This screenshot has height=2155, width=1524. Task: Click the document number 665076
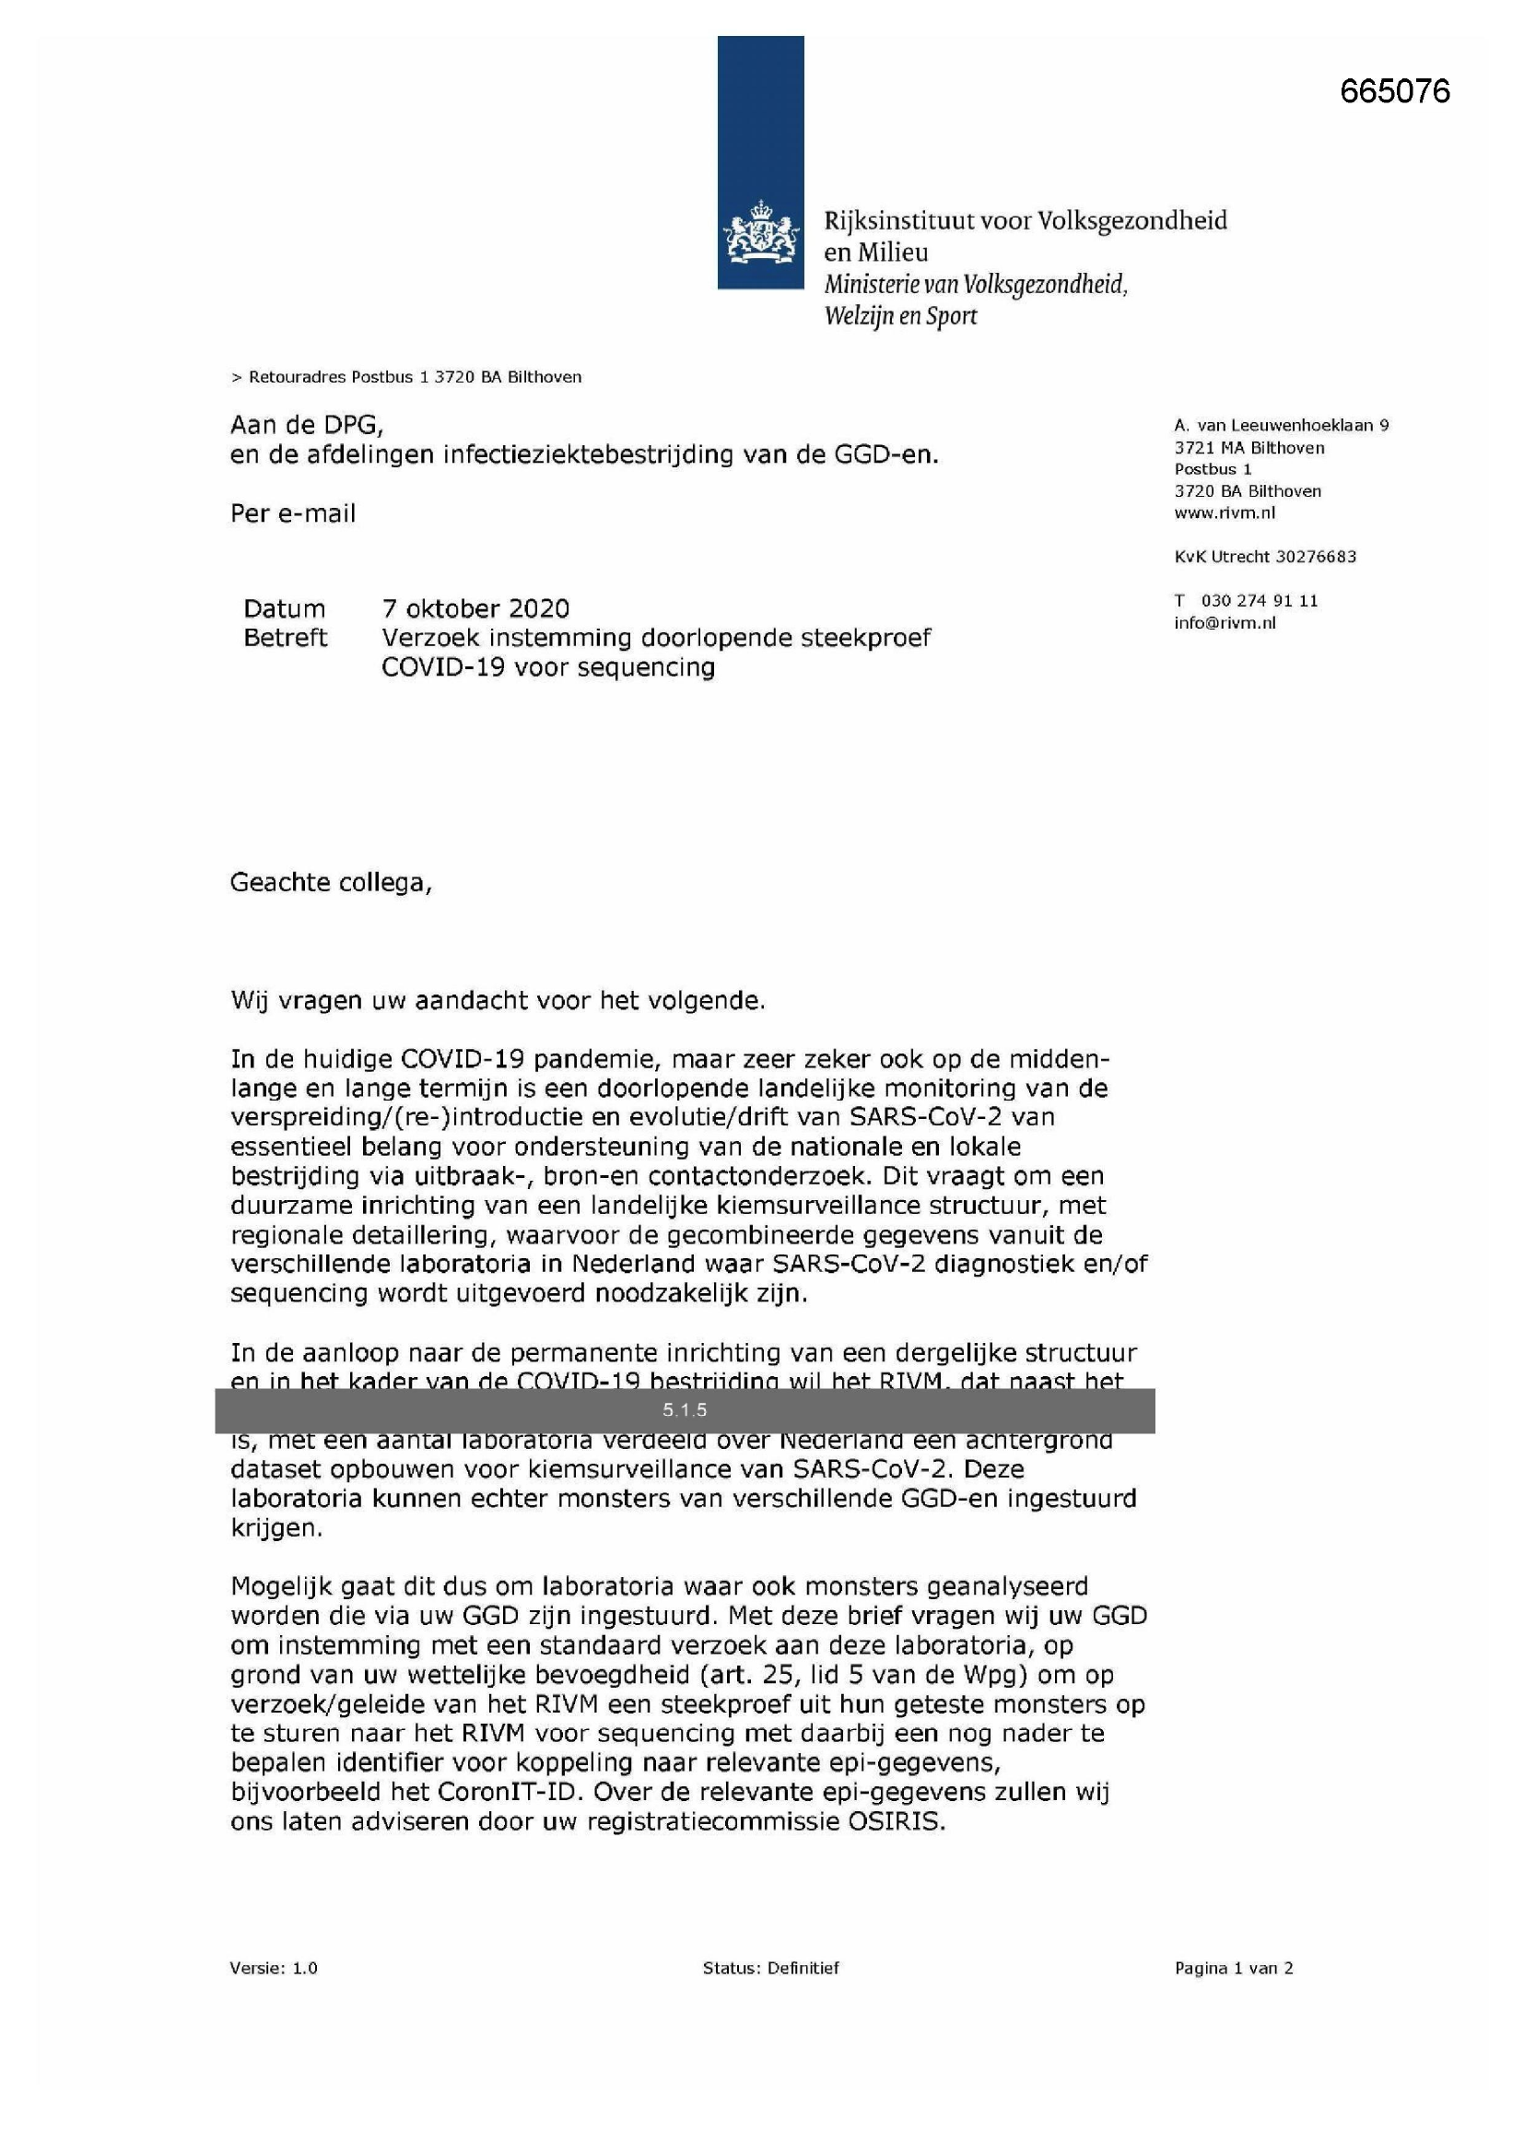pyautogui.click(x=1394, y=91)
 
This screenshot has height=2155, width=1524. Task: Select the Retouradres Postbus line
pyautogui.click(x=405, y=377)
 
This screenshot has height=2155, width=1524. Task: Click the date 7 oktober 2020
pyautogui.click(x=475, y=608)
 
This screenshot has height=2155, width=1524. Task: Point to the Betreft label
pyautogui.click(x=285, y=638)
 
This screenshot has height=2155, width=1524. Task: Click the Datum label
pyautogui.click(x=284, y=608)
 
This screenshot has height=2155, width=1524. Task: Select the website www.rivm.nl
pyautogui.click(x=1224, y=512)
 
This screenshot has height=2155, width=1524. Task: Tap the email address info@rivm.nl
pyautogui.click(x=1224, y=623)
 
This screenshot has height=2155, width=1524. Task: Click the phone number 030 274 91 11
pyautogui.click(x=1259, y=601)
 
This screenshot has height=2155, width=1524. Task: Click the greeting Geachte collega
pyautogui.click(x=331, y=882)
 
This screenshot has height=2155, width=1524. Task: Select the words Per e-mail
pyautogui.click(x=293, y=513)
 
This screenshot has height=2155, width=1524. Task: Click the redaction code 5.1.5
pyautogui.click(x=684, y=1409)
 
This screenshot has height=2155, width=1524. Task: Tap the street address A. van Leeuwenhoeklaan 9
pyautogui.click(x=1280, y=425)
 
